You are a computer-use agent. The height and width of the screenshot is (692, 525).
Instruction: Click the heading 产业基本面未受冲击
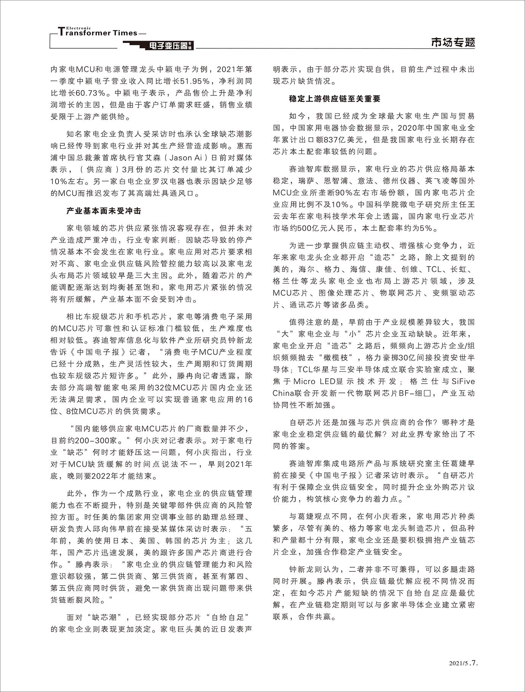pyautogui.click(x=104, y=211)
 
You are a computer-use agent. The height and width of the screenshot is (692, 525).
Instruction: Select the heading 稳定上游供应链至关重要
pyautogui.click(x=335, y=99)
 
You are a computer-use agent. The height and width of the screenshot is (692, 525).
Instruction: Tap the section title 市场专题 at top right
pyautogui.click(x=453, y=42)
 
